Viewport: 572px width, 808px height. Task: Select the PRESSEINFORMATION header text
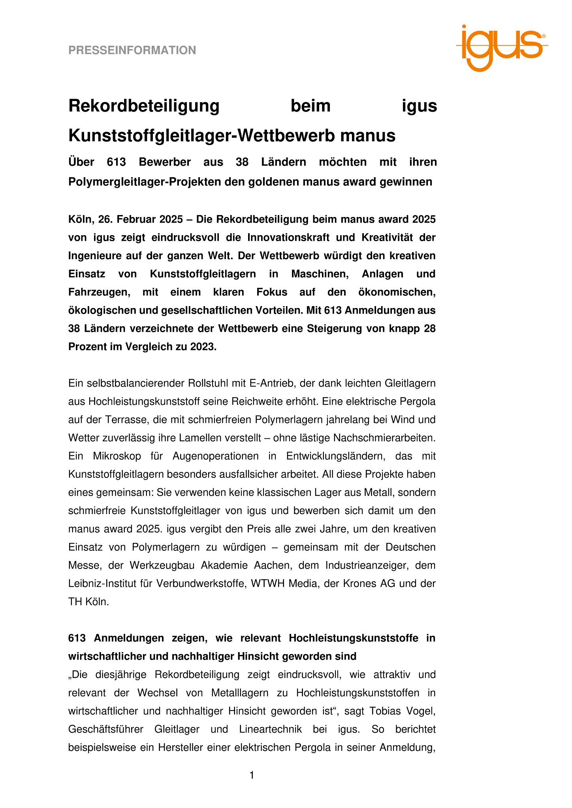pos(132,50)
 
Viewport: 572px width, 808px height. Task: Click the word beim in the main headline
pos(310,106)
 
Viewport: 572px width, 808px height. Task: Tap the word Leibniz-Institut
pos(101,584)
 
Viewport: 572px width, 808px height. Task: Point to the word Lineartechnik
pos(271,729)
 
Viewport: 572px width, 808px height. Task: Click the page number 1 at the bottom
pos(252,776)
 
